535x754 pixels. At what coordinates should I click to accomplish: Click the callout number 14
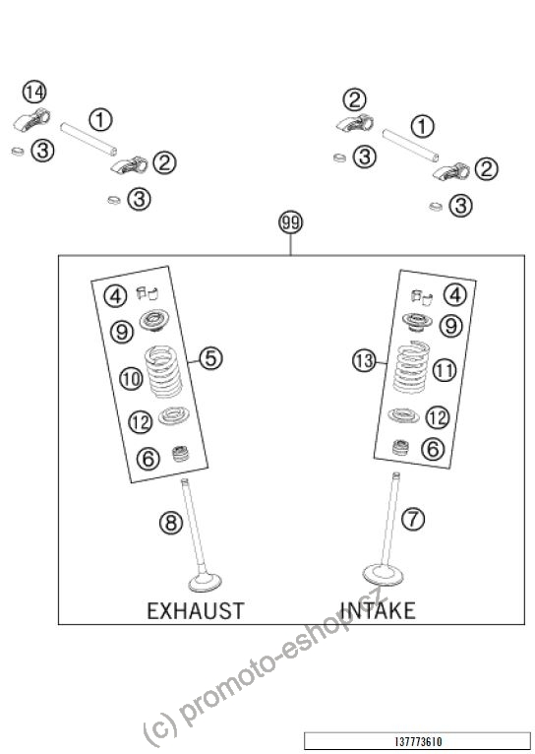(x=34, y=93)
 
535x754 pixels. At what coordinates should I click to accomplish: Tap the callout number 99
(x=290, y=222)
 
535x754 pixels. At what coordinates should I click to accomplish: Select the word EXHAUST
(x=196, y=610)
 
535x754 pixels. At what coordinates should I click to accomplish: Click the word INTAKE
(x=378, y=610)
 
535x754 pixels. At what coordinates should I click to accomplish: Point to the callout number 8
(x=171, y=523)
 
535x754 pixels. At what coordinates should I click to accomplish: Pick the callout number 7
(x=413, y=520)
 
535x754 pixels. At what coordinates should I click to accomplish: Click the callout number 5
(x=210, y=358)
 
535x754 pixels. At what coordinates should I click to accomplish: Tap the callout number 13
(x=364, y=360)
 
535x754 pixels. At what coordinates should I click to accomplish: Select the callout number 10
(x=131, y=378)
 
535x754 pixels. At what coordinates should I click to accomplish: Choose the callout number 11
(x=445, y=371)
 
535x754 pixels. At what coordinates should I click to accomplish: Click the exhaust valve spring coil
(x=163, y=371)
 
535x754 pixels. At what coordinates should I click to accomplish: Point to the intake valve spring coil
(x=412, y=366)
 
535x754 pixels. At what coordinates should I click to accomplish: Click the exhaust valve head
(x=206, y=582)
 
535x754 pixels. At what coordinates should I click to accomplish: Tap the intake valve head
(x=383, y=575)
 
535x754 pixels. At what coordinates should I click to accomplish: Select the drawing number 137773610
(x=418, y=742)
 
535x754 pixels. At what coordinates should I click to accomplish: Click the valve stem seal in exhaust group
(x=181, y=454)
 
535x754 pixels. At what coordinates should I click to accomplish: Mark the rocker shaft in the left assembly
(x=89, y=139)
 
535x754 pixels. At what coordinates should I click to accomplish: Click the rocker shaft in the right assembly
(x=411, y=146)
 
